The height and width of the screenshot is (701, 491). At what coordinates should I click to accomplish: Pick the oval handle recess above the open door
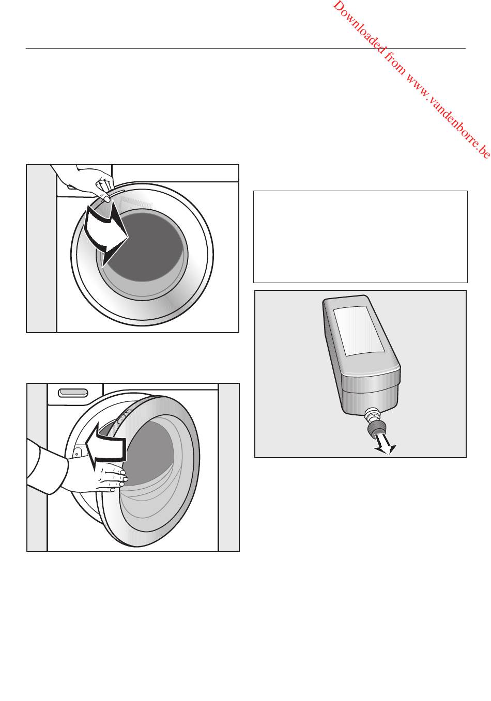tap(73, 393)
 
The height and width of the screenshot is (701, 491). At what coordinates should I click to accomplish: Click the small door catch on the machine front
tap(77, 453)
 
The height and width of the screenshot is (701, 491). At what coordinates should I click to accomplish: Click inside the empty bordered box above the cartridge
tap(360, 237)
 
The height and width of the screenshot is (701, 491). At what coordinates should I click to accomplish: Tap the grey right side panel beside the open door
tap(228, 467)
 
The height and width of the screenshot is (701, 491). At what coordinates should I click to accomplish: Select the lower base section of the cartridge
tap(370, 400)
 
